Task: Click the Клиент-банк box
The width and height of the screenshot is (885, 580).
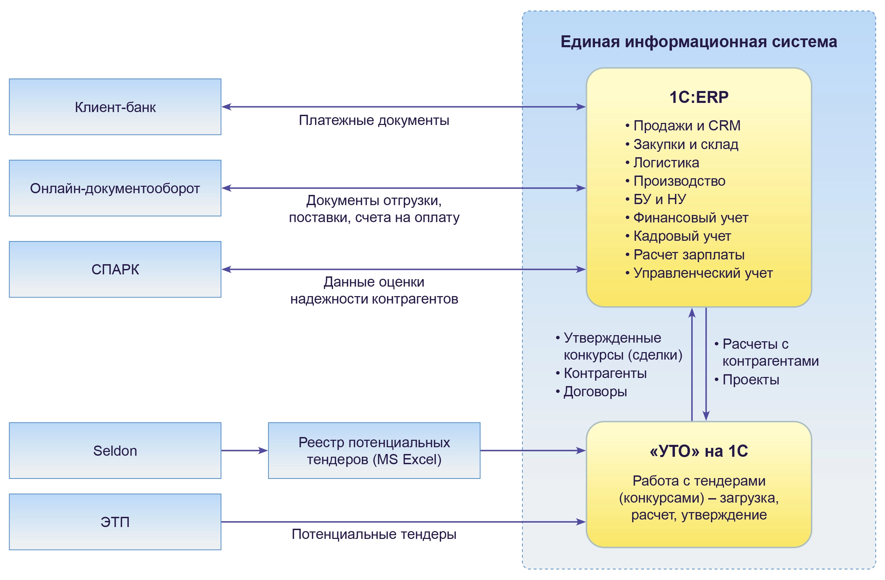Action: (115, 107)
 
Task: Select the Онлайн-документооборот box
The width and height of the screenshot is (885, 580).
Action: (115, 188)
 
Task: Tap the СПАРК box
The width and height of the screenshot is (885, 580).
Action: (115, 269)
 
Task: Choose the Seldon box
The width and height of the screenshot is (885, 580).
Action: (115, 450)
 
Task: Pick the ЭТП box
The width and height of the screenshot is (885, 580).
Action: (115, 522)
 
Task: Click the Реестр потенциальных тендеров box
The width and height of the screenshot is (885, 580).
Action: (374, 450)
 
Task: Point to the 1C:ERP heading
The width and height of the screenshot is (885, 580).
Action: (699, 97)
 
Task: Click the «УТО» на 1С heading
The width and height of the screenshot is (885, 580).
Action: (699, 451)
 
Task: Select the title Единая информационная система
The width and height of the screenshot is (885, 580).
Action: (699, 42)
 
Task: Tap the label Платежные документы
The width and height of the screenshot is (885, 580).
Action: (374, 121)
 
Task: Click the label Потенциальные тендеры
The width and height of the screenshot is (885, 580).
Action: (374, 534)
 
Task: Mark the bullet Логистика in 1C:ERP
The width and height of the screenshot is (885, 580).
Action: (666, 163)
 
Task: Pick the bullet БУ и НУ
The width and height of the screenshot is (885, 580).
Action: (660, 200)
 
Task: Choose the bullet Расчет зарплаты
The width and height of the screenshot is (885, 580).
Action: (689, 255)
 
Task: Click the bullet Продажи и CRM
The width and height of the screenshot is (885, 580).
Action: (687, 126)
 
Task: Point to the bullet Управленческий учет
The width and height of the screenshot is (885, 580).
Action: (703, 273)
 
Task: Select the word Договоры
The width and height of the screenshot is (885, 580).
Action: (595, 392)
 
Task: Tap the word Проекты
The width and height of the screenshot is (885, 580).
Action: (751, 380)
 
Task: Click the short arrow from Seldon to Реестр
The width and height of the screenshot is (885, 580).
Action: (244, 450)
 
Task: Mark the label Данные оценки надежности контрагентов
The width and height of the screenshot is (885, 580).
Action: (374, 290)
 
